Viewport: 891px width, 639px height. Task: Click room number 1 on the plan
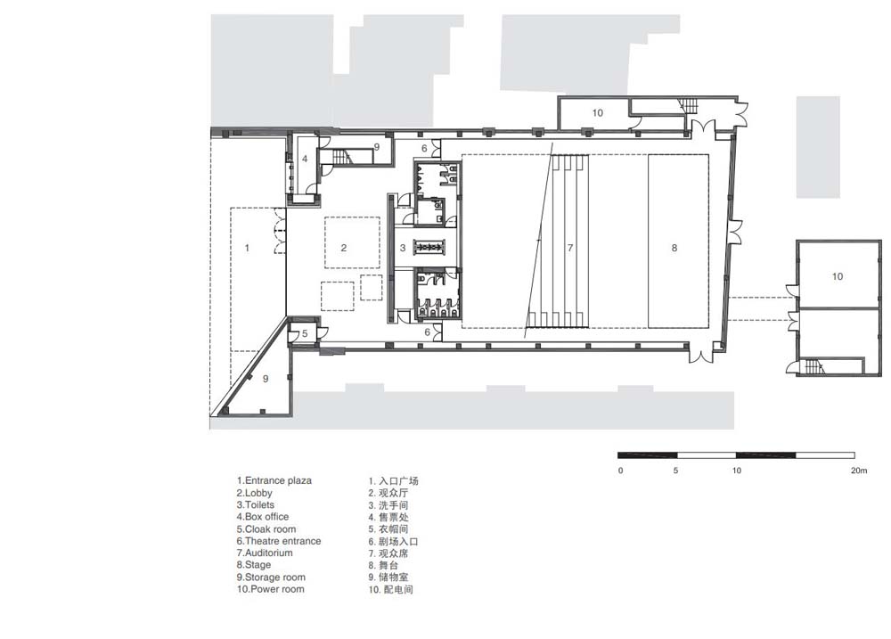point(247,248)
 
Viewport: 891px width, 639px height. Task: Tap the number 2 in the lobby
point(344,248)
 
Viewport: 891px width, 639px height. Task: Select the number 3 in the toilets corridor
point(403,248)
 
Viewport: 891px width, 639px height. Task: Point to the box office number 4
point(305,159)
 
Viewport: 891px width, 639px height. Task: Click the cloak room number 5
point(305,333)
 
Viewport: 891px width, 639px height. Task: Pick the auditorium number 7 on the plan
point(570,248)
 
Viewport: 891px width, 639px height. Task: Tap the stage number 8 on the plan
point(674,248)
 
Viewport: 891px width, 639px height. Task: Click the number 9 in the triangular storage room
point(266,379)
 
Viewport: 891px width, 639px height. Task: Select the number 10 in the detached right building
point(838,276)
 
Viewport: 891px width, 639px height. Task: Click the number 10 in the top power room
point(598,112)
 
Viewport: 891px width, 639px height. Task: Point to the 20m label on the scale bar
point(859,471)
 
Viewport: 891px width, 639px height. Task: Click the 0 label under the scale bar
point(620,471)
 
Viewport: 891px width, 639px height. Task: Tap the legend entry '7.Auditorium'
point(265,553)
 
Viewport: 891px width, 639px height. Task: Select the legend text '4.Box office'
point(263,517)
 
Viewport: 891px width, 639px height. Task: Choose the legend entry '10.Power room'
point(271,589)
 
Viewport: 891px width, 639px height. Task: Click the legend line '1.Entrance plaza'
point(274,480)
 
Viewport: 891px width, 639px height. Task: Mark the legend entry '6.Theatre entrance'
point(279,541)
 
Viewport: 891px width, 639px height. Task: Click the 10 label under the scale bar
point(737,471)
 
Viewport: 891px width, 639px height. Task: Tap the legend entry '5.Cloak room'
point(266,528)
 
